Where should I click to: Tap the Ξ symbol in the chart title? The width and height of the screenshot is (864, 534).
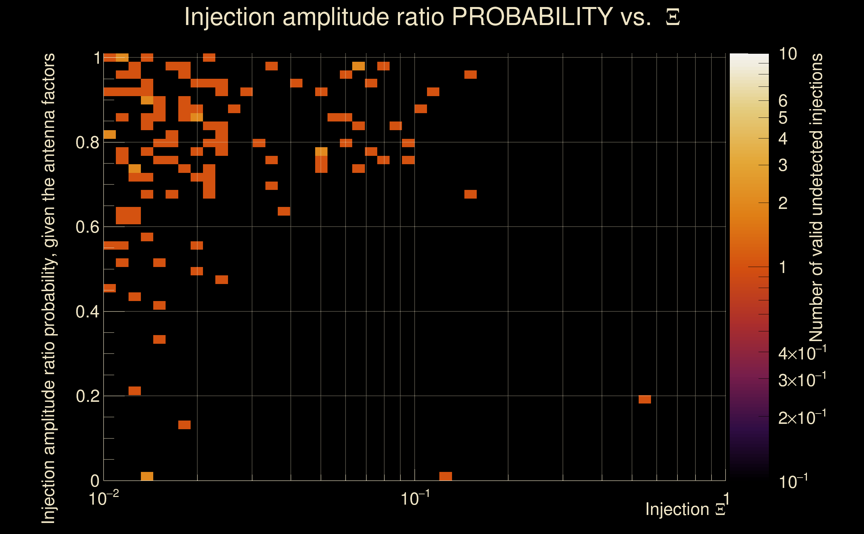[x=673, y=17]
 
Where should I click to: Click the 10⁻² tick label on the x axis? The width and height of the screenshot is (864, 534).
[x=103, y=498]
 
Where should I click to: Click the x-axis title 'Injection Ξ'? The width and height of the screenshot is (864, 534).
[x=685, y=509]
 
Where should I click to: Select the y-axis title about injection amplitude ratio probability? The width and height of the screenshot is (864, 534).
[x=49, y=288]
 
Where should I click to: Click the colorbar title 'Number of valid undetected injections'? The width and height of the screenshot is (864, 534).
[x=816, y=198]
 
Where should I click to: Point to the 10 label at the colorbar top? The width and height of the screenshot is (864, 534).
[x=788, y=54]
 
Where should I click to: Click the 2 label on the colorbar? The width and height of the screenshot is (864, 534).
[x=783, y=203]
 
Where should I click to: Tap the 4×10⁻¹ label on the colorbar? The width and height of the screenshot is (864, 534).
[x=802, y=353]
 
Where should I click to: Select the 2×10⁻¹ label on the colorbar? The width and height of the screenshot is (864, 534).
[x=802, y=418]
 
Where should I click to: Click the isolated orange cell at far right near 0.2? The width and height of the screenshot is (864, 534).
[x=645, y=399]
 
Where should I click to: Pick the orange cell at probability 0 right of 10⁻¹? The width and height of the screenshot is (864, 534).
[x=445, y=476]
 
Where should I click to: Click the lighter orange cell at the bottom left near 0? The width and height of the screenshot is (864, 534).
[x=147, y=476]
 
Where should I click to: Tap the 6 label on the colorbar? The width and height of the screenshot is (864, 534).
[x=783, y=101]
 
